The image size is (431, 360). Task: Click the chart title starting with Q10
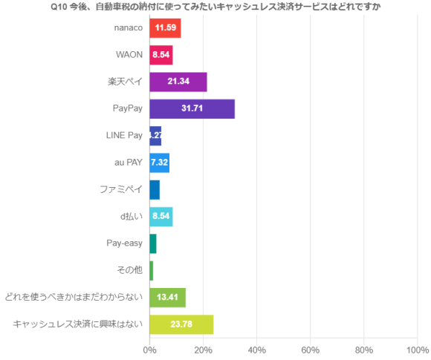(x=215, y=7)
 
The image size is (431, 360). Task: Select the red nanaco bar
(x=165, y=28)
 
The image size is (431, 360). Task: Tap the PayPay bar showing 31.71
(x=192, y=108)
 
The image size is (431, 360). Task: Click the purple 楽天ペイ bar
(x=178, y=82)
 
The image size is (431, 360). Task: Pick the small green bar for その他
(x=152, y=270)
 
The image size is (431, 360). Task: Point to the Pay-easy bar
(x=153, y=243)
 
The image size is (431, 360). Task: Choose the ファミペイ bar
(x=155, y=190)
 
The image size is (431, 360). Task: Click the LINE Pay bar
(x=155, y=136)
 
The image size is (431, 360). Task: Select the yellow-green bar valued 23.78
(x=181, y=324)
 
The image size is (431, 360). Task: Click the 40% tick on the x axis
(x=256, y=350)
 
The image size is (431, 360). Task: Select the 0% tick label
(x=149, y=350)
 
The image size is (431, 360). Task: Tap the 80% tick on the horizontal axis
(x=364, y=350)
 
